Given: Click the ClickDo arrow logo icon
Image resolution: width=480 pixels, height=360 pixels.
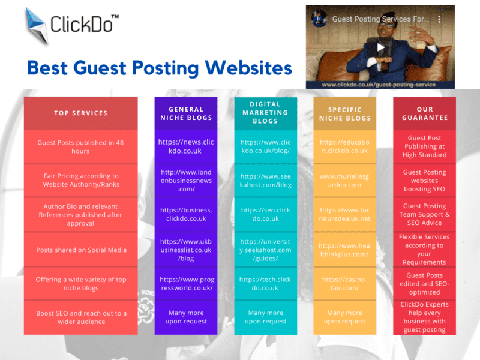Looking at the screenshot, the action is (37, 26).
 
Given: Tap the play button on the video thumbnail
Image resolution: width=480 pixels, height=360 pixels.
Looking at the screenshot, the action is (380, 47).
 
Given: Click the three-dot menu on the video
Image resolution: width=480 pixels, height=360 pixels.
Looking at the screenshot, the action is (439, 19).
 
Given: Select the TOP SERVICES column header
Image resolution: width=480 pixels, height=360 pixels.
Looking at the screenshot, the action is (81, 113).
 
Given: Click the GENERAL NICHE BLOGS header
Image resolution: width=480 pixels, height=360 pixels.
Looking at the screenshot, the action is (186, 113).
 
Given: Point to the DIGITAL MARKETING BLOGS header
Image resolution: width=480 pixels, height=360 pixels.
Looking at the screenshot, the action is (265, 113).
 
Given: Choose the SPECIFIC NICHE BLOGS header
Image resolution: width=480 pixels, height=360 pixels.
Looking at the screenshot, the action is (345, 114).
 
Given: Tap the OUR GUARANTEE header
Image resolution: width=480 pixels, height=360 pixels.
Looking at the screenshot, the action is (425, 113).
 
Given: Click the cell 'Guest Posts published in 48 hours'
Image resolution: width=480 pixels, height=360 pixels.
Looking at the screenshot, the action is (81, 147).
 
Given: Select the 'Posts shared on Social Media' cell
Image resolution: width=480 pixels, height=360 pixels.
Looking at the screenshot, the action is (81, 250).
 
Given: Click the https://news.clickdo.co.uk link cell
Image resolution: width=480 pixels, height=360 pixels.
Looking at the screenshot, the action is (186, 146).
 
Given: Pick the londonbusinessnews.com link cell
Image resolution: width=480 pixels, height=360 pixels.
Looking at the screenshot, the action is (186, 181).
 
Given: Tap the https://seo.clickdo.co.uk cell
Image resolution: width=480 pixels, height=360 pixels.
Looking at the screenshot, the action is (265, 214).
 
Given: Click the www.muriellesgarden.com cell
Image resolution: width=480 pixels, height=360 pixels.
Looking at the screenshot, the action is (344, 181).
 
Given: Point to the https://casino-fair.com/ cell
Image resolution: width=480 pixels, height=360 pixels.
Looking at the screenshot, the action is (344, 284).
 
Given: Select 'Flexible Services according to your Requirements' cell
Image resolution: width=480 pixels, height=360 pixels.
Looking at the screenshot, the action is (425, 250).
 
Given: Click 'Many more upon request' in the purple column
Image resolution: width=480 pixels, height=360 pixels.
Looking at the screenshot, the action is (186, 317).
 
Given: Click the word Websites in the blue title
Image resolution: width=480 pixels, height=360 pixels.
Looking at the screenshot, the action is (248, 68).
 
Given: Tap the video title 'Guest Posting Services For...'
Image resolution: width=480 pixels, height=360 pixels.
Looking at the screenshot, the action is (380, 19).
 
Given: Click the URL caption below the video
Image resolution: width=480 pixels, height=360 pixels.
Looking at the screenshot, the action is (379, 85).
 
